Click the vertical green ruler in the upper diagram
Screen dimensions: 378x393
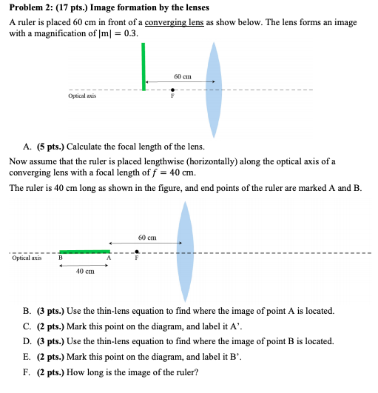pos(144,67)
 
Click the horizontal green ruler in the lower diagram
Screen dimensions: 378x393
pos(84,251)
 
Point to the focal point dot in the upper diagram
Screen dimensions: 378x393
pos(172,90)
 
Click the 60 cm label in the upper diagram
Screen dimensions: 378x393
pos(183,76)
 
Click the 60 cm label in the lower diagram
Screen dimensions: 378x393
pos(146,237)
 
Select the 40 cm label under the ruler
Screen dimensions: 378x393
pos(84,272)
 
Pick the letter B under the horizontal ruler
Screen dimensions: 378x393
pos(60,258)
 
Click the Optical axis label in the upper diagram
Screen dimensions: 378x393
pos(82,96)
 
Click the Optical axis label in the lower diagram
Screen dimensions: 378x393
pos(26,258)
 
